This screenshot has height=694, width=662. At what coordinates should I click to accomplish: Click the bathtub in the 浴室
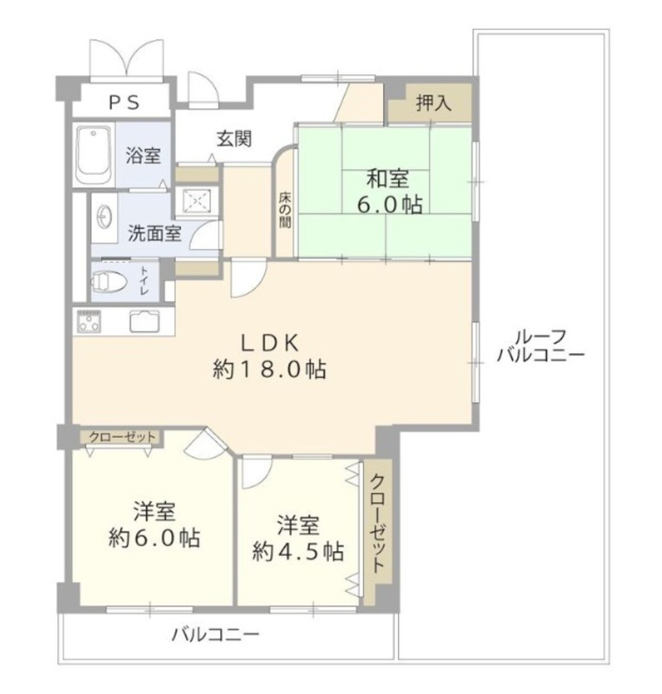pos(93,155)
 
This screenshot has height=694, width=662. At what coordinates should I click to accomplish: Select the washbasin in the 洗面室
pos(104,217)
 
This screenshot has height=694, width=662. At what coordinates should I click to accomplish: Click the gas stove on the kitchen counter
pos(89,321)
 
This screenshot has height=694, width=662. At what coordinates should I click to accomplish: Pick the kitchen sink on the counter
pos(144,321)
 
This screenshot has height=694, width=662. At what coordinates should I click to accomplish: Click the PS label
pos(124,103)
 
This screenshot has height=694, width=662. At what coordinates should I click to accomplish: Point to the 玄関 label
pos(234,139)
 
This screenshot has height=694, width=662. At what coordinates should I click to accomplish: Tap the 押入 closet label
pos(434,103)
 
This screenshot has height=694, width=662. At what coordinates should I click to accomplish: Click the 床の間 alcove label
pos(285,210)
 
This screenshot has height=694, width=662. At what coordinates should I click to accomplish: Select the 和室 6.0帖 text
pos(389,192)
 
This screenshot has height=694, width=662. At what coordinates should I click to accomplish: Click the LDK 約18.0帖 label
pos(269,356)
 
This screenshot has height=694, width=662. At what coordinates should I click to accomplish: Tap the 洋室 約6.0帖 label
pos(155,525)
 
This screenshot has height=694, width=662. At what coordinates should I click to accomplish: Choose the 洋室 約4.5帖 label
pos(298,539)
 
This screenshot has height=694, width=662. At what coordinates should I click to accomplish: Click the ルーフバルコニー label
pos(541,346)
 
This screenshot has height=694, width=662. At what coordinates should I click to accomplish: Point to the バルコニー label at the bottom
pos(215,635)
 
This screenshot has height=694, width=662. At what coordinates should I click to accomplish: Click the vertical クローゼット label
pos(377,523)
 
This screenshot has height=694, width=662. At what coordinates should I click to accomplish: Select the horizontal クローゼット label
pos(123,437)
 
